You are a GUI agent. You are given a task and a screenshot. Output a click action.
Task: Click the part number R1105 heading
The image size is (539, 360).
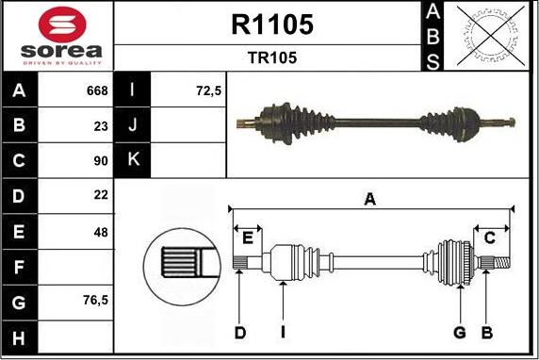pyautogui.click(x=271, y=25)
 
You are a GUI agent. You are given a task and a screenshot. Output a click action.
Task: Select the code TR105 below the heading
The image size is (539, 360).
pyautogui.click(x=271, y=57)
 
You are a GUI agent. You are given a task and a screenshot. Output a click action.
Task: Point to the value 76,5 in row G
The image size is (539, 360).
pyautogui.click(x=94, y=302)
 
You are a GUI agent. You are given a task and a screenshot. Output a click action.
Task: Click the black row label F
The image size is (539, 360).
pyautogui.click(x=20, y=267)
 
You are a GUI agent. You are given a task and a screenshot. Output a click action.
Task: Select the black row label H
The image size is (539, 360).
pyautogui.click(x=20, y=336)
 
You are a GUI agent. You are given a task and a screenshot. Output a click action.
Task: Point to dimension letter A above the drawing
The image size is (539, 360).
pyautogui.click(x=370, y=198)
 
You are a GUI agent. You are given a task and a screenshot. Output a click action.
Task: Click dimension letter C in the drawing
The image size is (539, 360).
pyautogui.click(x=489, y=237)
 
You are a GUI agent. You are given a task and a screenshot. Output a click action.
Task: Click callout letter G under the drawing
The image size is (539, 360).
pyautogui.click(x=460, y=332)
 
